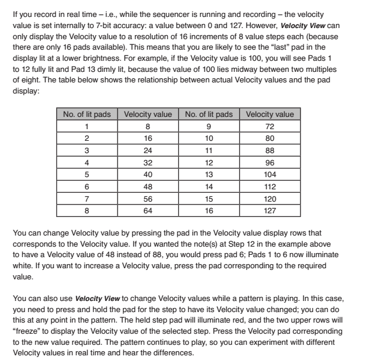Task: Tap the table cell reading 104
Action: [270, 175]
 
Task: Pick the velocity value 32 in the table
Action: [148, 162]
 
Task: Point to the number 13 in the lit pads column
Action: [209, 175]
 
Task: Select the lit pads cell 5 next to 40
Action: [87, 175]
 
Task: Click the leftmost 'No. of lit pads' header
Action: [87, 114]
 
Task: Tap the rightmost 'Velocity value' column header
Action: [270, 114]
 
